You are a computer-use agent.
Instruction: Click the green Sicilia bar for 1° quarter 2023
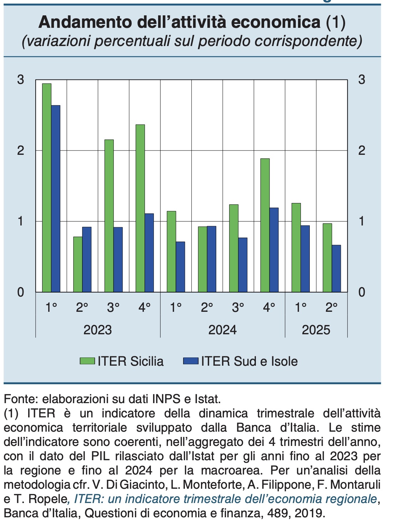pyautogui.click(x=47, y=188)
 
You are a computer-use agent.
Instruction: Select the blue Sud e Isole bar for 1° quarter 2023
pyautogui.click(x=56, y=199)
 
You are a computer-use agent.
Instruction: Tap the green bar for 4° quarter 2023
pyautogui.click(x=140, y=208)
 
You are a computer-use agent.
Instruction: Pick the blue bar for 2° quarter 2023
pyautogui.click(x=87, y=260)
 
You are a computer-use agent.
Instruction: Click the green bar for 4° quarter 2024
pyautogui.click(x=265, y=225)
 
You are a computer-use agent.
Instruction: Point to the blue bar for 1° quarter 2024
pyautogui.click(x=180, y=267)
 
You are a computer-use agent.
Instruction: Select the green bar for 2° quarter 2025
pyautogui.click(x=327, y=258)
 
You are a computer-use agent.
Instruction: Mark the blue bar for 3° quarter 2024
pyautogui.click(x=243, y=265)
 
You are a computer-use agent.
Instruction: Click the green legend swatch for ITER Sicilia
pyautogui.click(x=87, y=361)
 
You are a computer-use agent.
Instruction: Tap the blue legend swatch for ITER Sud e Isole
pyautogui.click(x=191, y=361)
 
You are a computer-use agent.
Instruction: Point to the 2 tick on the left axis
pyautogui.click(x=21, y=150)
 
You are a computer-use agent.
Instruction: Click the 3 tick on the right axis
pyautogui.click(x=362, y=80)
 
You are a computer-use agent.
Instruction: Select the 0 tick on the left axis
pyautogui.click(x=21, y=292)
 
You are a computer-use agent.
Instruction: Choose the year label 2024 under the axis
pyautogui.click(x=222, y=330)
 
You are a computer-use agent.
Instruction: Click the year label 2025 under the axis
pyautogui.click(x=316, y=330)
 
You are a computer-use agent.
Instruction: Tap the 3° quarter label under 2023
pyautogui.click(x=113, y=307)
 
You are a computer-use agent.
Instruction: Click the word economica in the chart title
pyautogui.click(x=276, y=22)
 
